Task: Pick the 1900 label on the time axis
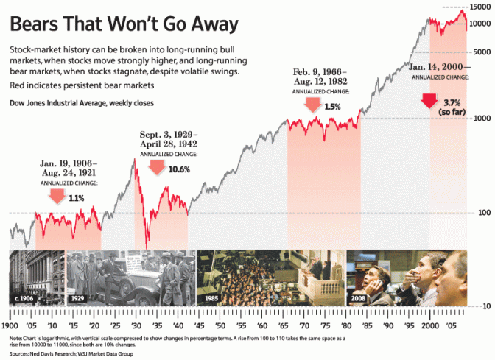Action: click(10, 324)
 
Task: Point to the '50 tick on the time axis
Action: click(220, 324)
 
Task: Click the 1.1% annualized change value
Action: click(76, 197)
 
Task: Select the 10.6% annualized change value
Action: click(179, 169)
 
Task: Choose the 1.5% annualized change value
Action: click(332, 107)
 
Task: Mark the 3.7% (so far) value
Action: click(449, 106)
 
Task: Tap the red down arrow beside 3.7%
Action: click(429, 101)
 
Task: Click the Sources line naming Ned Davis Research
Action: click(72, 352)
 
